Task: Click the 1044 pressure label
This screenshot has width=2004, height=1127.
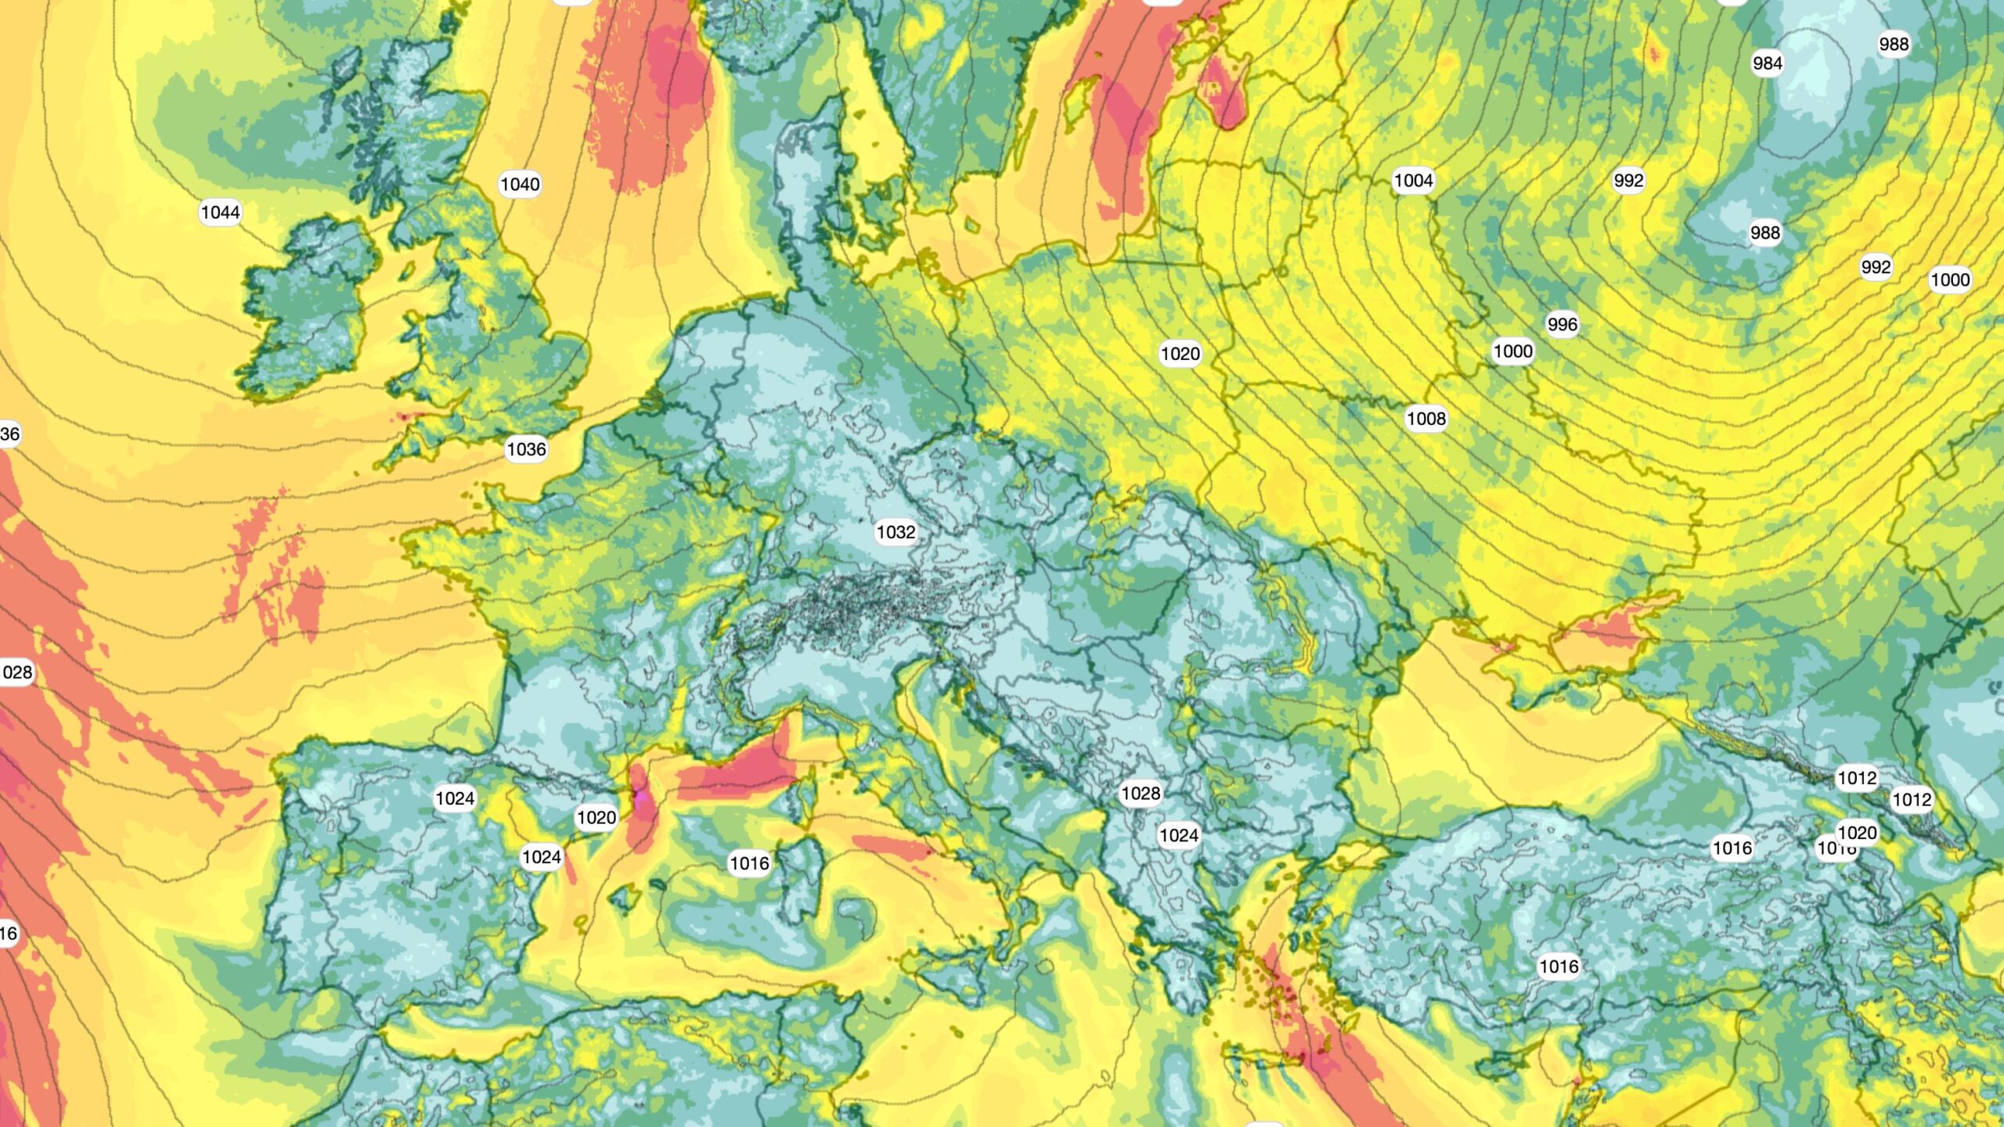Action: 220,212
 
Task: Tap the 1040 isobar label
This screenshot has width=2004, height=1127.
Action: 520,185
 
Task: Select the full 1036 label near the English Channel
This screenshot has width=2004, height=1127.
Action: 526,449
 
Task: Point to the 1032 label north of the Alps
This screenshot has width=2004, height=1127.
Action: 896,532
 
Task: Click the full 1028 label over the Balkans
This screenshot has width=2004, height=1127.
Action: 1141,794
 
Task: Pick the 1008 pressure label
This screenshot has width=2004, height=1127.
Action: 1426,419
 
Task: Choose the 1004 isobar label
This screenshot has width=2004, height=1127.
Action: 1413,181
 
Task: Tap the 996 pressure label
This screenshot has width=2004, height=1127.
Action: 1562,324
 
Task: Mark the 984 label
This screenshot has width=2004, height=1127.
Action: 1768,63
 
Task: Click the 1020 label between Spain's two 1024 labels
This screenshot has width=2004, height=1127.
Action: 597,818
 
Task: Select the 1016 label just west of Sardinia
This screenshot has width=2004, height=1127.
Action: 749,863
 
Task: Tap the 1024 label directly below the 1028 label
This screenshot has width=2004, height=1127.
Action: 1179,836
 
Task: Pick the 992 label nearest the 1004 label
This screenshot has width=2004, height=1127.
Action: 1628,181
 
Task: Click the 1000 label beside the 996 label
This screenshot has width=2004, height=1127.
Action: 1512,351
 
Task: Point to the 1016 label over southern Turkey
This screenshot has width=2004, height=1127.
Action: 1559,967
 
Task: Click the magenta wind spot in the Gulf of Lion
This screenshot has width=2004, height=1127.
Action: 640,797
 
